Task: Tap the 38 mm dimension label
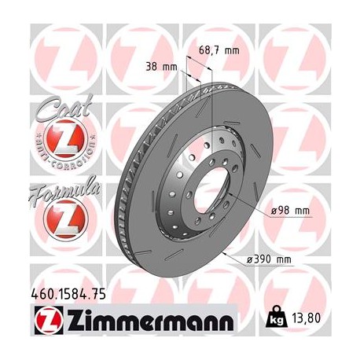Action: (x=162, y=67)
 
